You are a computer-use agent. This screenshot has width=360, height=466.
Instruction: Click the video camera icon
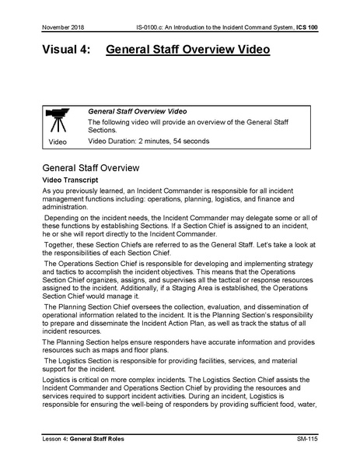pyautogui.click(x=58, y=121)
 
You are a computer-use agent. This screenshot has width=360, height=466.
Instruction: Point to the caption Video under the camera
pyautogui.click(x=58, y=143)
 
